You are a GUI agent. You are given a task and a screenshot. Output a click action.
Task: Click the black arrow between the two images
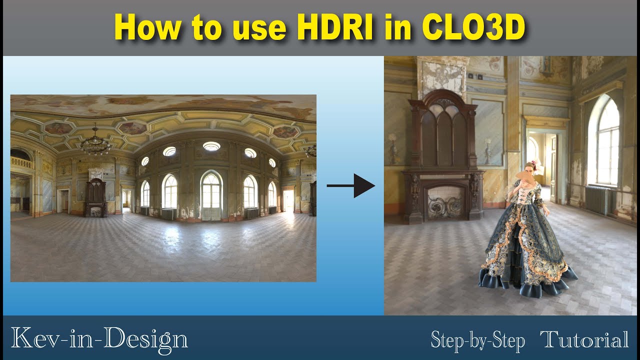coord(351,186)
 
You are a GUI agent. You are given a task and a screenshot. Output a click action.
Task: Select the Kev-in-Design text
coord(99,338)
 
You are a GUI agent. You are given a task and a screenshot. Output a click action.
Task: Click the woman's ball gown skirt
coord(524,250)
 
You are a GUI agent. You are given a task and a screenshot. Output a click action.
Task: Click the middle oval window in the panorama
coord(211,146)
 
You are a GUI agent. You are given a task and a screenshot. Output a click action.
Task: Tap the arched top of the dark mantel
coord(442,100)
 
